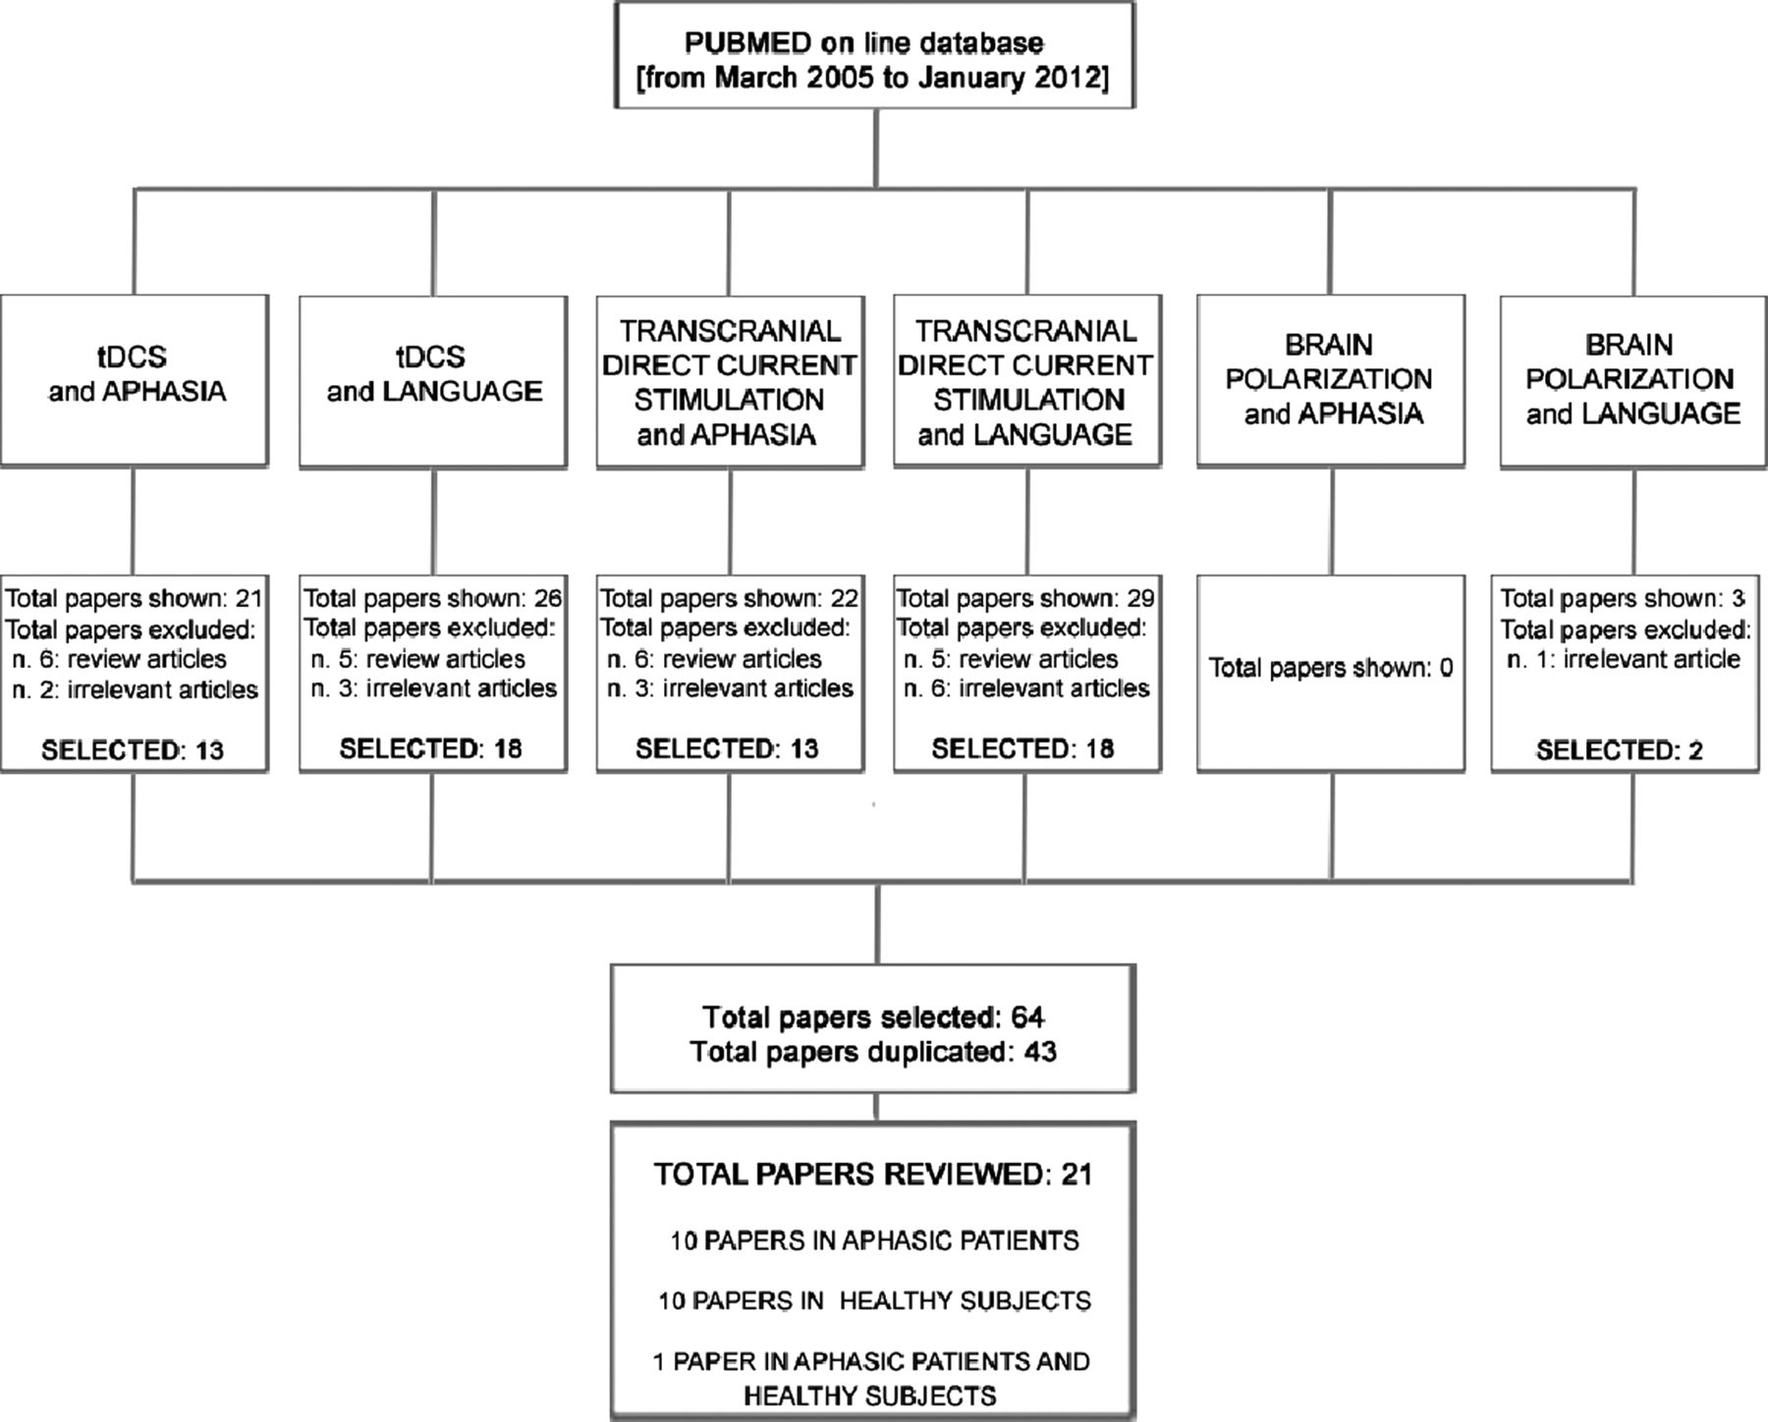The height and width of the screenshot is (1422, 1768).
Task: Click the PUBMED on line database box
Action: pyautogui.click(x=874, y=54)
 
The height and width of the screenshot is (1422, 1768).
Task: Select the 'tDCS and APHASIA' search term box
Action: pyautogui.click(x=135, y=380)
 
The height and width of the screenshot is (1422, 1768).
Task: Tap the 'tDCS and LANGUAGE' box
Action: pyautogui.click(x=433, y=380)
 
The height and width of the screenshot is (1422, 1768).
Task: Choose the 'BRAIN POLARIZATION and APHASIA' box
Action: pyautogui.click(x=1331, y=380)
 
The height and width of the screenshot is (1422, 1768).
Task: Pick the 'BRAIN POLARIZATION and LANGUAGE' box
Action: pyautogui.click(x=1633, y=380)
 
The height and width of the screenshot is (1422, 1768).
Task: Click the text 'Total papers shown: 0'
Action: pyautogui.click(x=1331, y=668)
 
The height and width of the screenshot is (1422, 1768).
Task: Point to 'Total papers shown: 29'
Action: pyautogui.click(x=1025, y=598)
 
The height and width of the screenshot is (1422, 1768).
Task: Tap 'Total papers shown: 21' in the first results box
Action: pyautogui.click(x=135, y=598)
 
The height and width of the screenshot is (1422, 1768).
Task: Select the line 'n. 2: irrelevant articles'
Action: pyautogui.click(x=136, y=689)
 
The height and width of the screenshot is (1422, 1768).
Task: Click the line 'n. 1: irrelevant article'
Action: pyautogui.click(x=1624, y=659)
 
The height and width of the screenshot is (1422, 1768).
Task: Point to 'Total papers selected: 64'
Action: pyautogui.click(x=873, y=1016)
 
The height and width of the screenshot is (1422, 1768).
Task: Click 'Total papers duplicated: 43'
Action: pyautogui.click(x=873, y=1052)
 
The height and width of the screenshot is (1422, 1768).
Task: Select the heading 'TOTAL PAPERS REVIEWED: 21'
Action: pyautogui.click(x=873, y=1174)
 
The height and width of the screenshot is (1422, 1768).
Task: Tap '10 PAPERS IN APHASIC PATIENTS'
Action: pyautogui.click(x=874, y=1240)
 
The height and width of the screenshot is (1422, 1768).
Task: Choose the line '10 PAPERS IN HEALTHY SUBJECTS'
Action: pyautogui.click(x=874, y=1300)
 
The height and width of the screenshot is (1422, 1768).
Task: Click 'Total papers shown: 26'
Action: pyautogui.click(x=433, y=598)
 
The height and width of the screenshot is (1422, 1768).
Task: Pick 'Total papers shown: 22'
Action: pyautogui.click(x=730, y=598)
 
